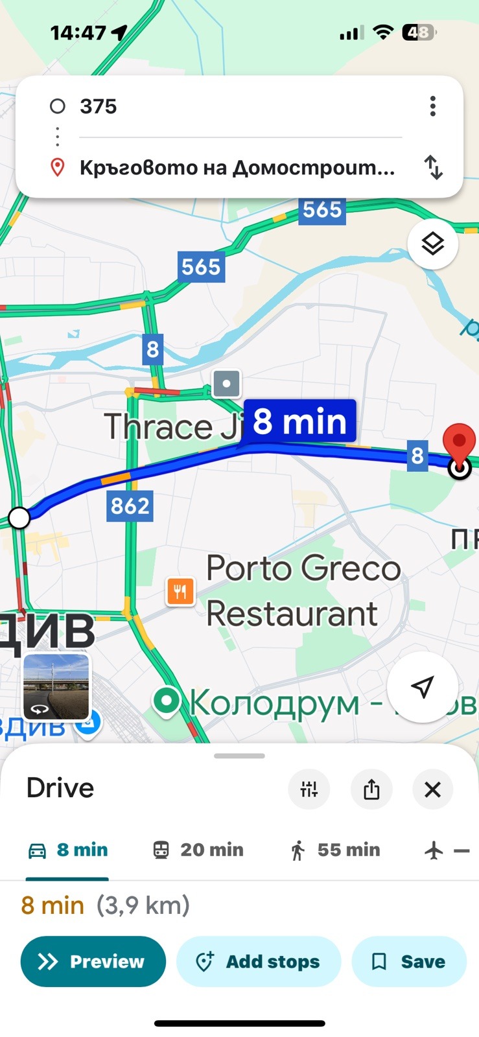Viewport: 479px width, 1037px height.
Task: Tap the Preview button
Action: point(93,961)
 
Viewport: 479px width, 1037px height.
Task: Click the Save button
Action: point(409,961)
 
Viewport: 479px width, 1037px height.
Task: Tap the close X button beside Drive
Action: point(432,789)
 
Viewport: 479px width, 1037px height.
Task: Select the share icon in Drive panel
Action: point(371,789)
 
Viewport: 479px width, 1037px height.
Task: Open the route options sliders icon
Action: point(309,789)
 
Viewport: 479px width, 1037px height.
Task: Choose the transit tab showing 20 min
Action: point(198,850)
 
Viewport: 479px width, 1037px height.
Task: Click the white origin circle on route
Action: point(19,518)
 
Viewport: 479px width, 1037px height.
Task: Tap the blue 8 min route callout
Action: point(299,421)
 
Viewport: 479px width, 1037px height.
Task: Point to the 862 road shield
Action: point(130,506)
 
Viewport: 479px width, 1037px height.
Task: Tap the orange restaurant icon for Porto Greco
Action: point(180,591)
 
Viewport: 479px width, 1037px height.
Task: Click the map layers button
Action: point(432,244)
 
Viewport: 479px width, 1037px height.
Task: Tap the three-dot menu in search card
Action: point(432,106)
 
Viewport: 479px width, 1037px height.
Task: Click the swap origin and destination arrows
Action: point(433,167)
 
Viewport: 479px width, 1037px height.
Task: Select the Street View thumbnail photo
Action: point(56,687)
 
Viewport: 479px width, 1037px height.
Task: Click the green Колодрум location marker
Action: point(167,701)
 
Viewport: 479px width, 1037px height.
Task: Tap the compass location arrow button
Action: point(423,687)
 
